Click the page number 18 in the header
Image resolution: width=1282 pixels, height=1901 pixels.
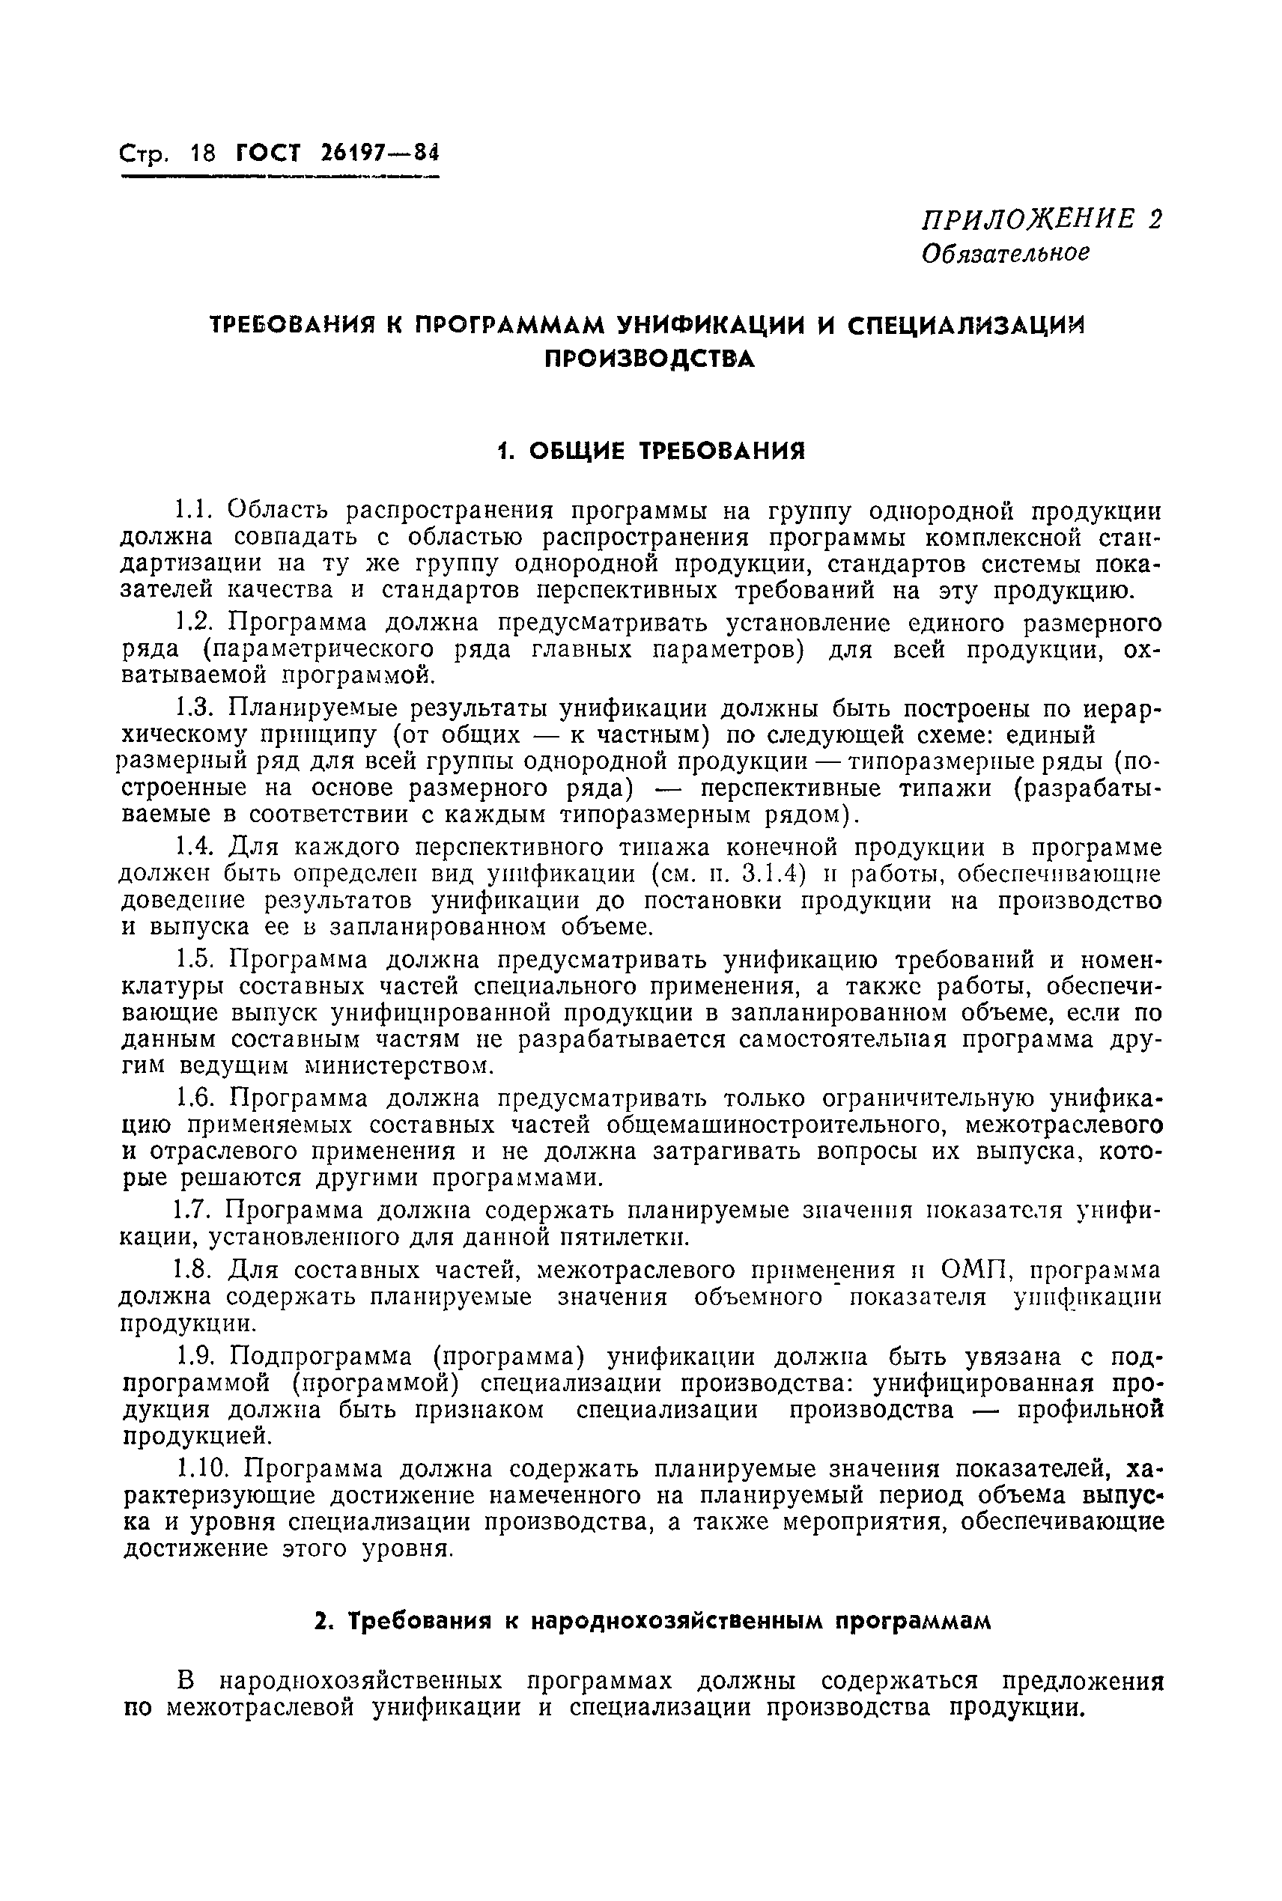(x=201, y=153)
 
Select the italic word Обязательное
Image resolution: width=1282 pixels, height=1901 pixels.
(x=1006, y=253)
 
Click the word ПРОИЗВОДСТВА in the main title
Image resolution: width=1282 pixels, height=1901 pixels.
(x=650, y=359)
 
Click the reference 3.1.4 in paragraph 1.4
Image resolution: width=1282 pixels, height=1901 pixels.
(x=773, y=874)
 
